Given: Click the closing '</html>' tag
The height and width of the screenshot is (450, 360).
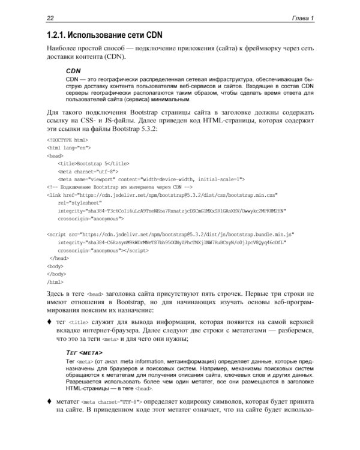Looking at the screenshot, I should point(55,281).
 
